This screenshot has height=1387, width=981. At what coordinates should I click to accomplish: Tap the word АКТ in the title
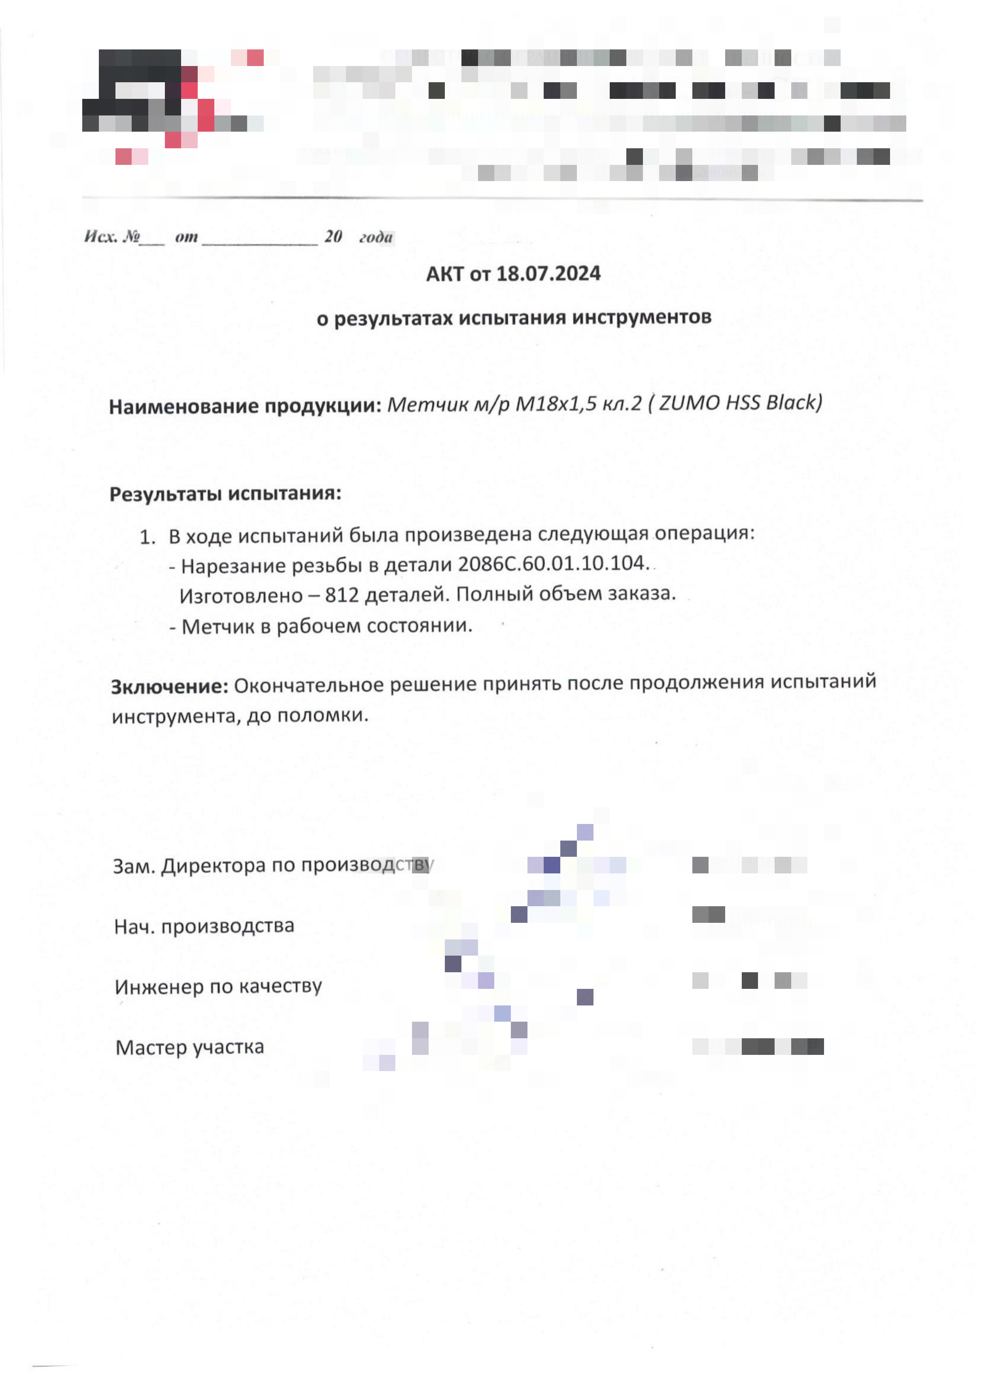tap(446, 274)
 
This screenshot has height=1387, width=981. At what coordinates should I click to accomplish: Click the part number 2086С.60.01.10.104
tap(553, 564)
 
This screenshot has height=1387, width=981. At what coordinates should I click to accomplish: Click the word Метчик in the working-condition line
tap(218, 626)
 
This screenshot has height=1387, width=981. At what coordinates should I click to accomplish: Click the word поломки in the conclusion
tap(338, 715)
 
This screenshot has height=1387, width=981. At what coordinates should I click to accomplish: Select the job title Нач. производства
tap(204, 926)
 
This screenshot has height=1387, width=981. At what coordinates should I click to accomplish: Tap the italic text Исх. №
tap(112, 236)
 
